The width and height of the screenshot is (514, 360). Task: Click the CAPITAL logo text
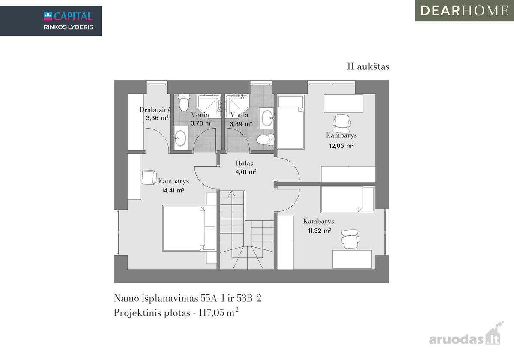pos(73,16)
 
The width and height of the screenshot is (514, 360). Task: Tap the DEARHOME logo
pos(464,11)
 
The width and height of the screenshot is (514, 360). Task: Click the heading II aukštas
pos(368,66)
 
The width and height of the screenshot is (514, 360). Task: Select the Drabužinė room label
pos(155,110)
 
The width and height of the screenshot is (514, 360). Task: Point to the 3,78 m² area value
pos(201,123)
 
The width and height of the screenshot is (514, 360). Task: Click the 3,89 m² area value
pos(241,124)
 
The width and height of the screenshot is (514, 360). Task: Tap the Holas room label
pos(245,163)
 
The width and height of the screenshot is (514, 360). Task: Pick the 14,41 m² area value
pos(173,190)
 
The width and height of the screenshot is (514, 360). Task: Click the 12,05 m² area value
pos(341,146)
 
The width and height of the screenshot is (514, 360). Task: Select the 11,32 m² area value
pos(320,231)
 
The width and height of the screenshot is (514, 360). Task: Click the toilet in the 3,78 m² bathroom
pos(184,102)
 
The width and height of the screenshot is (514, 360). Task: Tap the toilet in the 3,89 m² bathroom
pos(265,139)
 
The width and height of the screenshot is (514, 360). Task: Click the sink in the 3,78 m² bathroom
pos(181,138)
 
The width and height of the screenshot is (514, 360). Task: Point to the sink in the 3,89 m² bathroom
pos(266,118)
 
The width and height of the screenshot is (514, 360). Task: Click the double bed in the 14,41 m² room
pos(189,228)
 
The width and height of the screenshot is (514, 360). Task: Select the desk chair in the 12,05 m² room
pos(342,123)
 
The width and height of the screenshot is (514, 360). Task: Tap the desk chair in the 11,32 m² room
pos(350,239)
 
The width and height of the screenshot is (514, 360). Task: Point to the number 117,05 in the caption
pos(211,313)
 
